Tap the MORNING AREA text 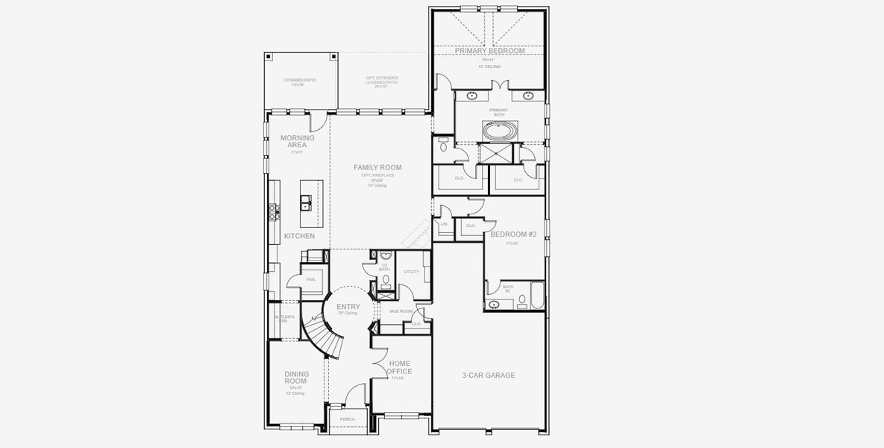(x=297, y=141)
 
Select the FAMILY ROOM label (x=377, y=167)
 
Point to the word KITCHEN (x=298, y=236)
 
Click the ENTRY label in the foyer (x=348, y=307)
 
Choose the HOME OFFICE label (x=400, y=367)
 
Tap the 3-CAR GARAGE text (x=489, y=376)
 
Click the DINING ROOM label (x=295, y=377)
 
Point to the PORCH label (x=347, y=419)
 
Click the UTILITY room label (x=411, y=271)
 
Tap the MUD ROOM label (x=401, y=311)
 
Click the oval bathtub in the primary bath (x=498, y=131)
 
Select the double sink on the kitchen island (x=306, y=202)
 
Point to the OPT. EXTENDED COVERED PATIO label (x=381, y=81)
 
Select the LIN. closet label (x=444, y=223)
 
